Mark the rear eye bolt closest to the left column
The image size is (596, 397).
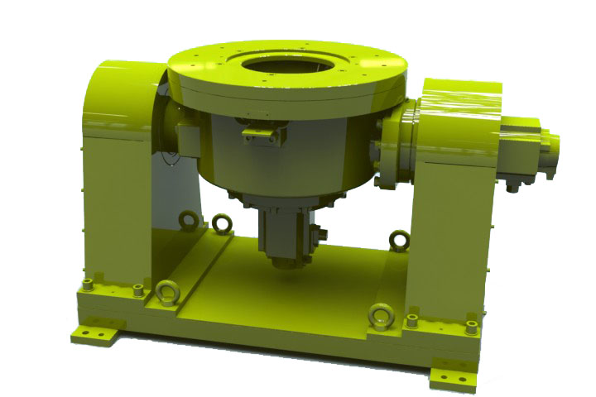coord(190,220)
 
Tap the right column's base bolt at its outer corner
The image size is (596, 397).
coord(471,327)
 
